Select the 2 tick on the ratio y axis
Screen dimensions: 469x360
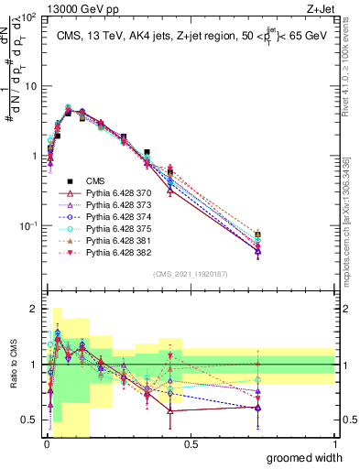[33, 310]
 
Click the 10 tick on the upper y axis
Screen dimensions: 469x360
[29, 86]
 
